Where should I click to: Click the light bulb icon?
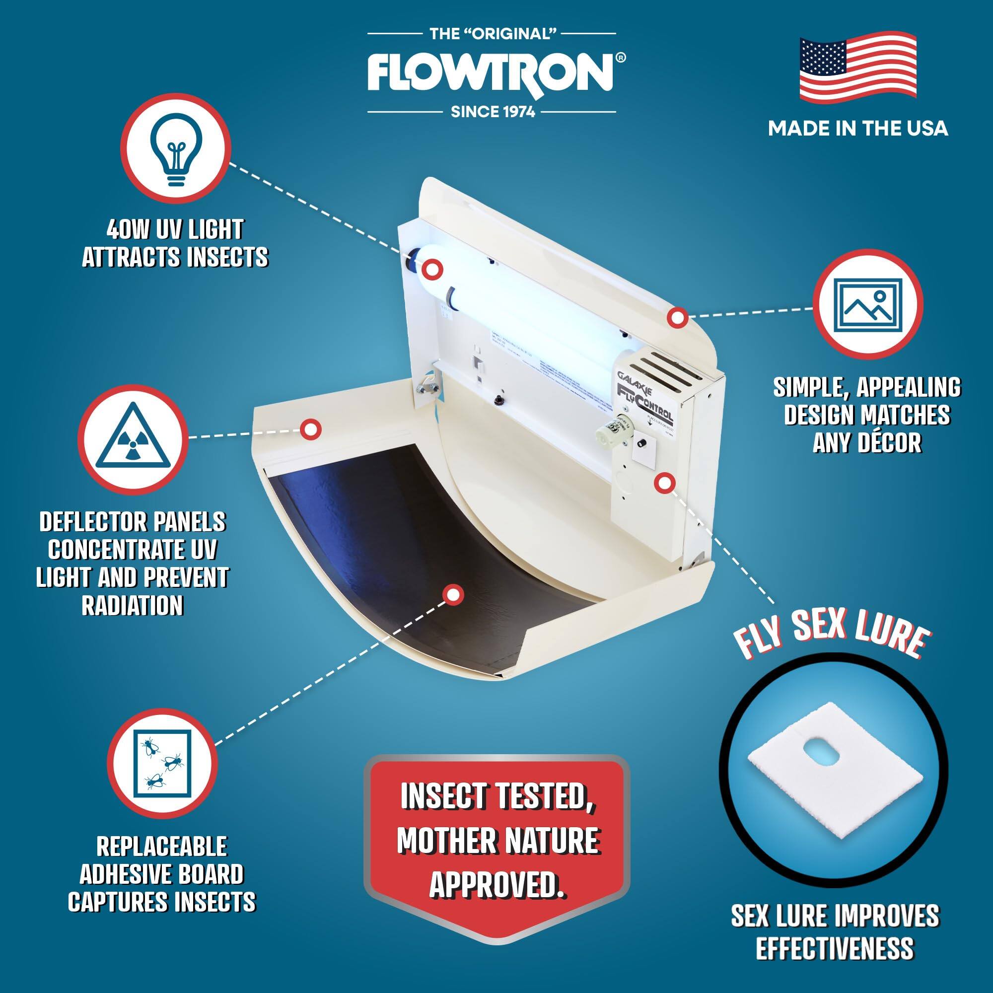point(175,148)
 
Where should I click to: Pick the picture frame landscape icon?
point(867,304)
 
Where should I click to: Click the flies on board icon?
point(162,762)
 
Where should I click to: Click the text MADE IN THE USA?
point(857,129)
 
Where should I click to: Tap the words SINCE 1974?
point(493,112)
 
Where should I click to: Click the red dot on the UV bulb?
point(433,268)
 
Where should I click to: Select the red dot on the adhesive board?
point(452,595)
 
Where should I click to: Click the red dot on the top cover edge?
point(677,318)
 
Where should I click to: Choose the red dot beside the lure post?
point(664,482)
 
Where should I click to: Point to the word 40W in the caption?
point(125,229)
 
